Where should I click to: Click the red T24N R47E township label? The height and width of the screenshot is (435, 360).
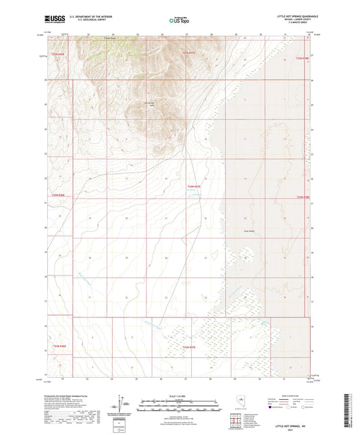pos(195,186)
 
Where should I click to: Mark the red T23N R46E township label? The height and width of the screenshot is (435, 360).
pos(59,347)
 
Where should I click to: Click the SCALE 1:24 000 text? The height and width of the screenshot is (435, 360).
pos(179,396)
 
